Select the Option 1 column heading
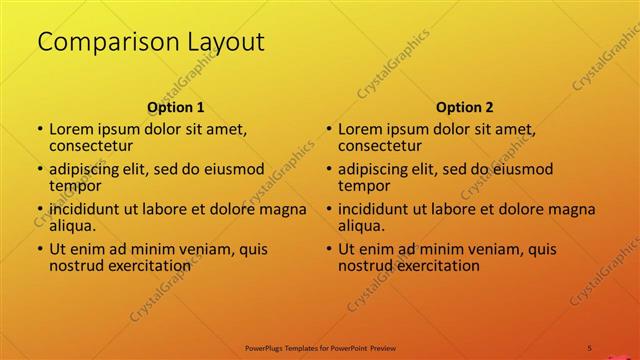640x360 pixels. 176,107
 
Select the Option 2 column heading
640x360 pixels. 465,107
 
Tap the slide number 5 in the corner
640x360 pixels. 590,347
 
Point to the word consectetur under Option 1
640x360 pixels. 91,146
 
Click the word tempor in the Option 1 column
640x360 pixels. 75,186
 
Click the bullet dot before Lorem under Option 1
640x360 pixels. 40,130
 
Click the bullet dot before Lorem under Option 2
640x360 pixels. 329,130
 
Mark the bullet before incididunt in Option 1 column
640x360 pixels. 40,210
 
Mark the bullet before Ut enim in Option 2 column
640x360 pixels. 329,250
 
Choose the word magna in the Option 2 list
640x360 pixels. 574,209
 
